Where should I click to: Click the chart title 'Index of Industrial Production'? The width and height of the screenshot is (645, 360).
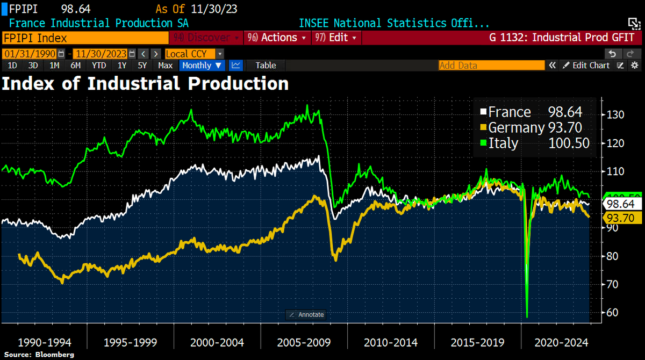(146, 84)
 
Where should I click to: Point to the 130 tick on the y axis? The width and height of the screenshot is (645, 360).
(614, 114)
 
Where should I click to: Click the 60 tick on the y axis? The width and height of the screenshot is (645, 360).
(612, 312)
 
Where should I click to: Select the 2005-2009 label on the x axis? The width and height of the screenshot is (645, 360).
(304, 342)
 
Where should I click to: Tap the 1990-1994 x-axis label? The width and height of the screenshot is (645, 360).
(44, 342)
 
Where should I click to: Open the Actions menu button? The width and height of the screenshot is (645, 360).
(277, 38)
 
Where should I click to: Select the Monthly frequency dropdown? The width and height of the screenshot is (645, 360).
(202, 65)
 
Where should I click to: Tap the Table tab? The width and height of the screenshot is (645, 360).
(266, 65)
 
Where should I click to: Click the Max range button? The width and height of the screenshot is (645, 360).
(165, 65)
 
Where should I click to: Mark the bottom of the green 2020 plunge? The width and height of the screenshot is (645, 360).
(527, 316)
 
